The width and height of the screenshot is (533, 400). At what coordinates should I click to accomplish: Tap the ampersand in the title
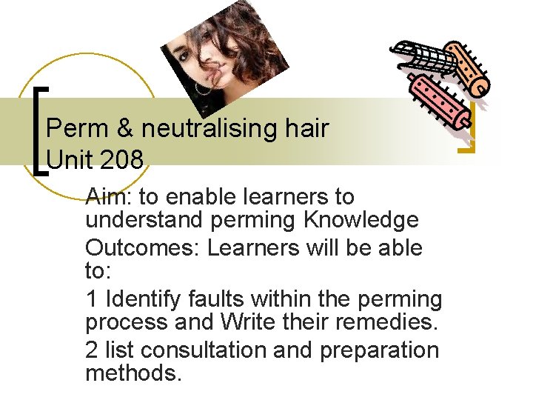123,129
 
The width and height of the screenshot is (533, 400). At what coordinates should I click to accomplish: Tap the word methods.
133,373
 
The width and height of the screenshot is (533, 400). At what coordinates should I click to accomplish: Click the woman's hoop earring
202,88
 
